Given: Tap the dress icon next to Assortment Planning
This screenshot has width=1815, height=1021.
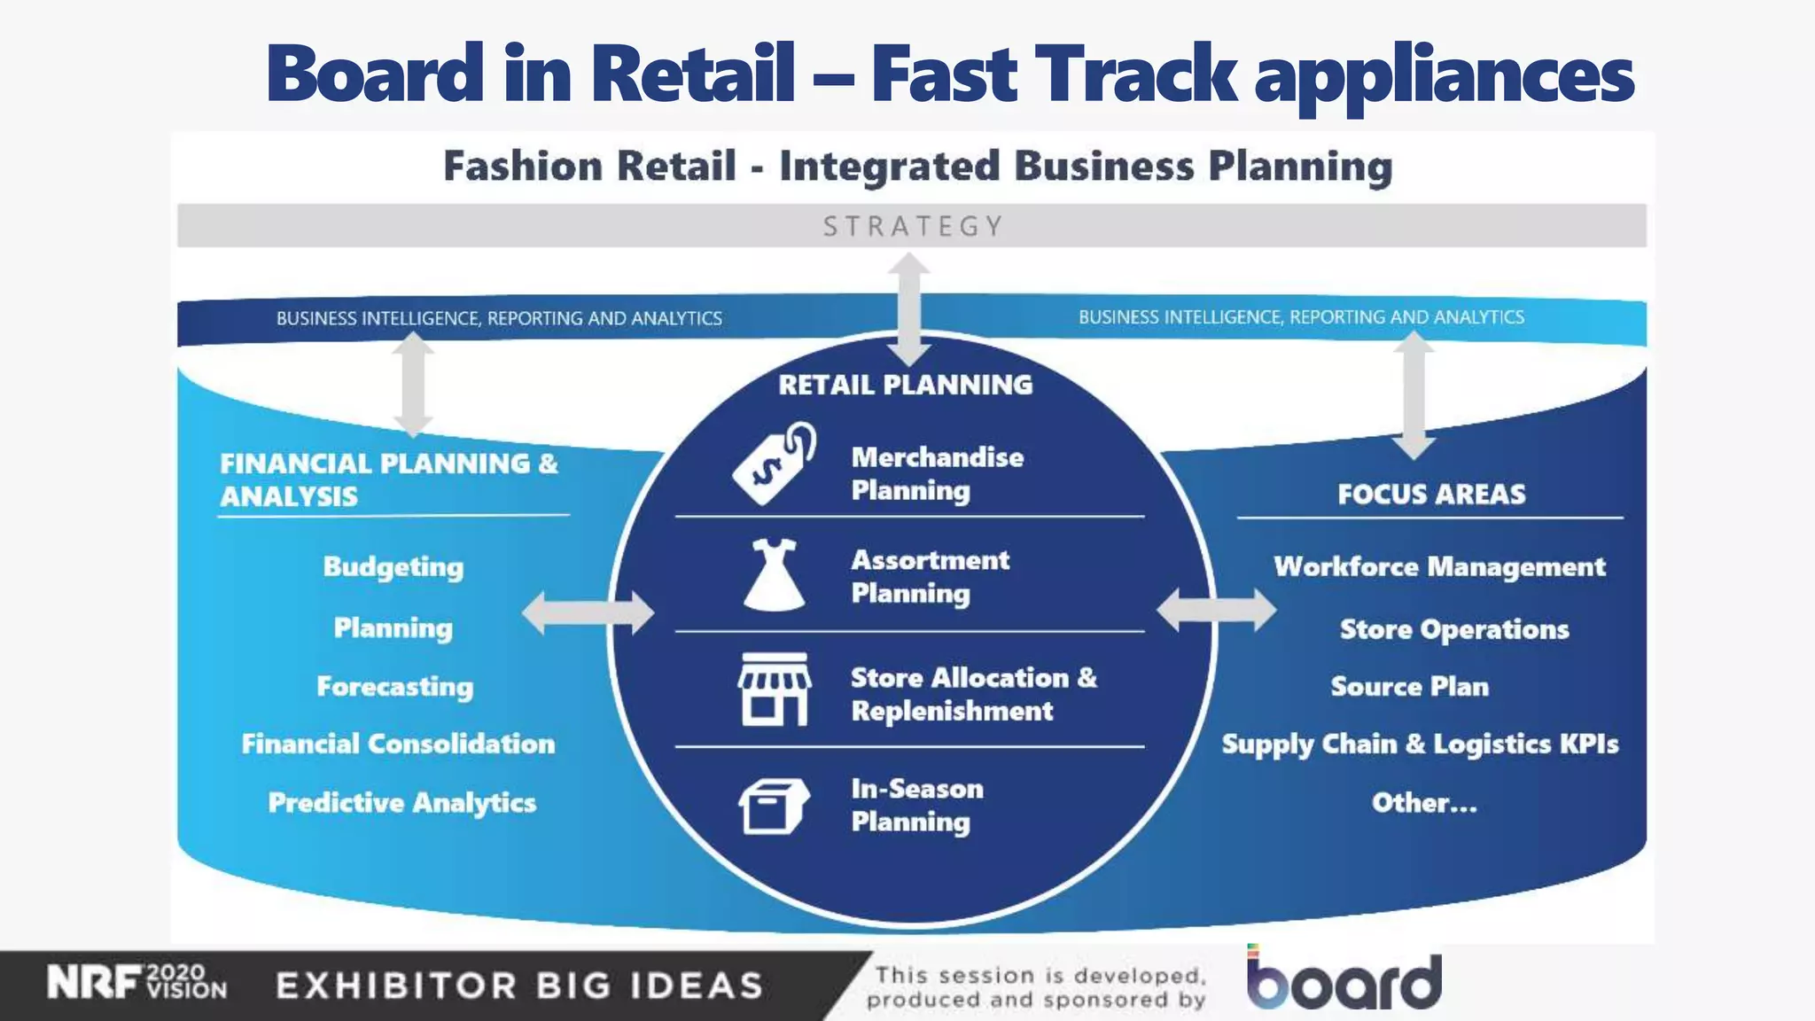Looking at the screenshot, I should [775, 575].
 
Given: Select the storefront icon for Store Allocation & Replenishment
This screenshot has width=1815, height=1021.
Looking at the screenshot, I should [775, 690].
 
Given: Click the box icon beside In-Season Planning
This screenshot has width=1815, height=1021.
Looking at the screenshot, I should [773, 806].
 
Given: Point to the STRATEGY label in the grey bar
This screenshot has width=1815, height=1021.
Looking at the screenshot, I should [913, 227].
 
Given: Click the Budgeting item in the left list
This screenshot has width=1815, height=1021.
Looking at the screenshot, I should [393, 567].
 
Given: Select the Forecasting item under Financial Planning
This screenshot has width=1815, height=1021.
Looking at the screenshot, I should [395, 687].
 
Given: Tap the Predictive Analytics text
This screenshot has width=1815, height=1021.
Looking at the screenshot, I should [402, 803].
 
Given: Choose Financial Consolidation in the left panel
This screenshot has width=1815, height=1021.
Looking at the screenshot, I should [399, 744].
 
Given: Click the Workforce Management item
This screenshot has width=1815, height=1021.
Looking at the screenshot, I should [1439, 567].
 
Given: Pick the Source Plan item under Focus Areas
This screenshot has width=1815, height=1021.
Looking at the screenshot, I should [1409, 687].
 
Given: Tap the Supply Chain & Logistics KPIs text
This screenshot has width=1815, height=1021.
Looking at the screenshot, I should [1420, 744].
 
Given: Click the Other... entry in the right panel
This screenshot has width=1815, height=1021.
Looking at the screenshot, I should [1424, 803].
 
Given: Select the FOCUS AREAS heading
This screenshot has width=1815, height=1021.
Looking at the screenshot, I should [1431, 494].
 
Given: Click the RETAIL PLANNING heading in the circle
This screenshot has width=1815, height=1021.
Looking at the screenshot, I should [906, 385].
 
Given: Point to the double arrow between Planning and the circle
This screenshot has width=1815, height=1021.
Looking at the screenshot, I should [588, 612].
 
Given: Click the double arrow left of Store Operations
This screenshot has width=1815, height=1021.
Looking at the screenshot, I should [1216, 611].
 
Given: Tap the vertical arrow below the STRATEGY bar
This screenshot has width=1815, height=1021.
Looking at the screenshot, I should [909, 309].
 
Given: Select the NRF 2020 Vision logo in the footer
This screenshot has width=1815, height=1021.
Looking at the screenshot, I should [137, 983].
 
